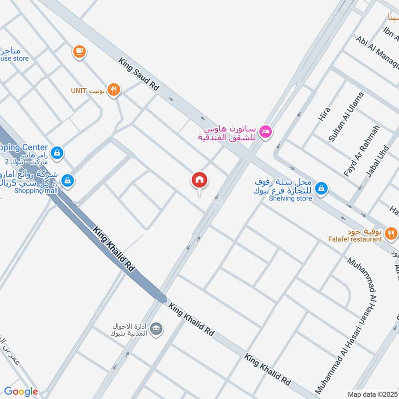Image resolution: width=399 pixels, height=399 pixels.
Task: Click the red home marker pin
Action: (x=199, y=180)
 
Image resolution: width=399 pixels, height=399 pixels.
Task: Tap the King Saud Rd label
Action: (x=139, y=74)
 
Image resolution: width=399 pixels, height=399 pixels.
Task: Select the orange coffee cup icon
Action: (x=79, y=51)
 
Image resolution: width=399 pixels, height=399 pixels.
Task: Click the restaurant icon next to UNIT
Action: (x=114, y=90)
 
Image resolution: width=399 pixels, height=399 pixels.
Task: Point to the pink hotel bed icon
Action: (x=266, y=131)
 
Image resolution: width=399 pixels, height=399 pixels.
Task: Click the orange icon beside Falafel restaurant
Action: (x=391, y=232)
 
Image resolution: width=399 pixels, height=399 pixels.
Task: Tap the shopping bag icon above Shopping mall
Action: (x=69, y=181)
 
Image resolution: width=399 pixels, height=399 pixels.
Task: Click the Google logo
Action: (x=21, y=392)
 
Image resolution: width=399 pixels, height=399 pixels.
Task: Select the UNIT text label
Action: (x=79, y=91)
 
